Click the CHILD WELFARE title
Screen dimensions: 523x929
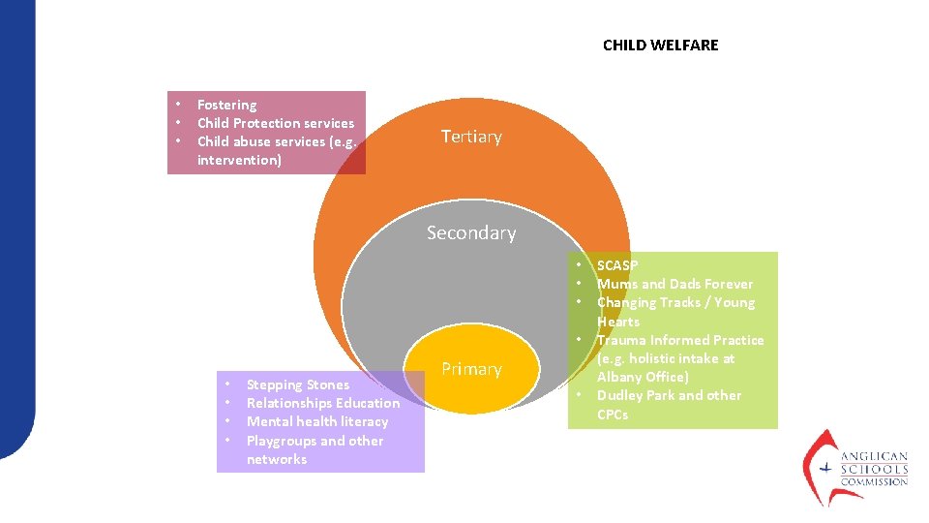click(x=660, y=46)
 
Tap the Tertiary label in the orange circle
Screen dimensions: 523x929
click(x=471, y=137)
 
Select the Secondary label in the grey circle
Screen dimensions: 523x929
click(x=471, y=232)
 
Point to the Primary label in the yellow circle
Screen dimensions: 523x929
click(x=471, y=369)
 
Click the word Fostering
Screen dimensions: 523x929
click(x=226, y=105)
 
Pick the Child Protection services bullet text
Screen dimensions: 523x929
click(x=276, y=123)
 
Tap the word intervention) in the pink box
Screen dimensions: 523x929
click(x=239, y=160)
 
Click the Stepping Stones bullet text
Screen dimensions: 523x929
click(x=298, y=385)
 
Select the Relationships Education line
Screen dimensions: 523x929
click(x=323, y=403)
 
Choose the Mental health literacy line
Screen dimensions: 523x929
click(x=317, y=421)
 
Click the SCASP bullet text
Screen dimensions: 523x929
click(x=617, y=265)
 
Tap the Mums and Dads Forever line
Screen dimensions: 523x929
click(x=674, y=284)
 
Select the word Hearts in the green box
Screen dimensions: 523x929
click(x=618, y=322)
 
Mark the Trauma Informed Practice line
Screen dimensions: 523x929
click(x=680, y=340)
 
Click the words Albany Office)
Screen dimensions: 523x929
click(x=643, y=377)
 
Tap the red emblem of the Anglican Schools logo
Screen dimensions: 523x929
click(x=821, y=466)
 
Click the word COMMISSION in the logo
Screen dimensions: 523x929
click(x=874, y=481)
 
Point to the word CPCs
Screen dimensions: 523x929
click(x=613, y=415)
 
